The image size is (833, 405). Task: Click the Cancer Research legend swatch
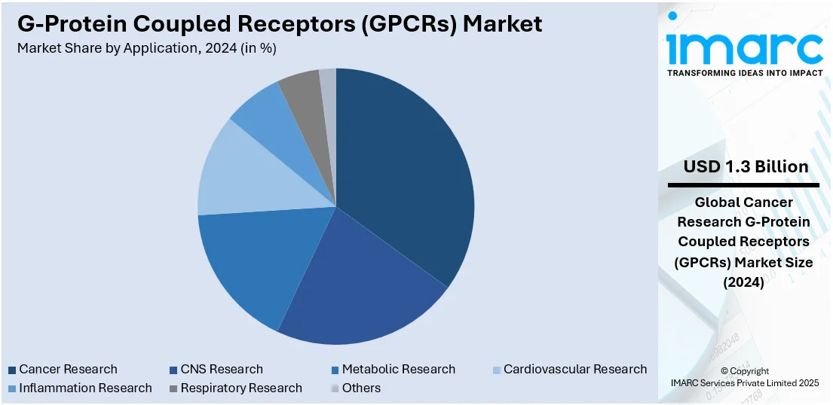click(12, 370)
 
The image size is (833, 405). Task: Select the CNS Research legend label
click(222, 370)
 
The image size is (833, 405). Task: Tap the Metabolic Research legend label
click(398, 370)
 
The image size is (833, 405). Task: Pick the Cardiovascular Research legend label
click(575, 370)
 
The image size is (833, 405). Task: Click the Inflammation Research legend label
click(85, 388)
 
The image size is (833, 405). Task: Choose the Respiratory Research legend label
click(240, 388)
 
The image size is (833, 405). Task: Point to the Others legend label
click(361, 388)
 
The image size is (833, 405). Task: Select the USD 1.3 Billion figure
click(746, 166)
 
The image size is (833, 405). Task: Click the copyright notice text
click(744, 377)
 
